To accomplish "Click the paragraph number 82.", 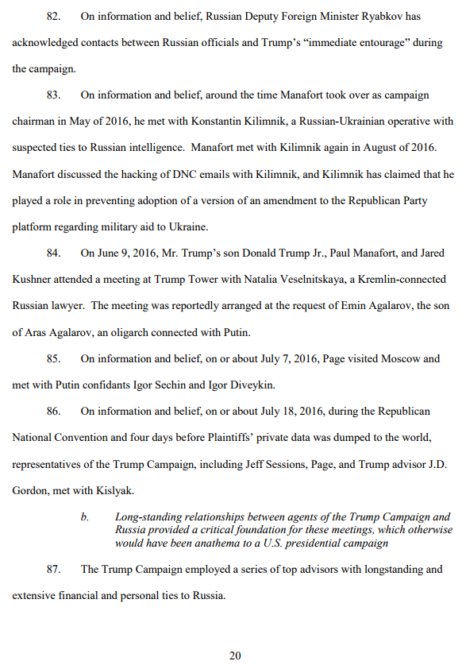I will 53,16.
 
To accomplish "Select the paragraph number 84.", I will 53,253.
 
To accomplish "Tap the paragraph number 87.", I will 53,569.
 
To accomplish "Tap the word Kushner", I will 34,279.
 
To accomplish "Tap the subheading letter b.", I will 84,516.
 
